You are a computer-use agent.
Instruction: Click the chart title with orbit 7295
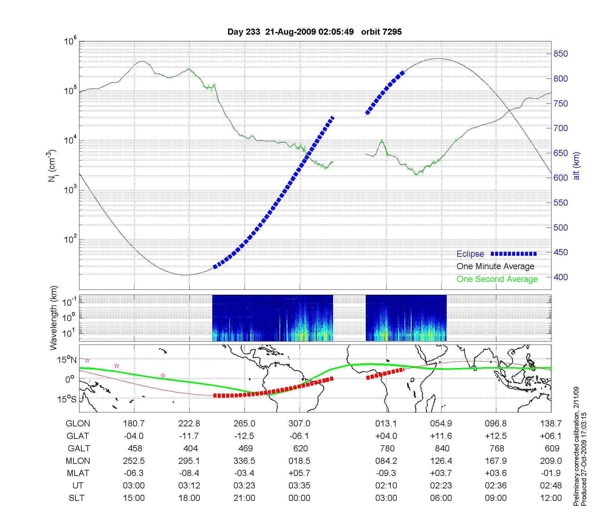tap(314, 32)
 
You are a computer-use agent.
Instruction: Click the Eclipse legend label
tap(470, 254)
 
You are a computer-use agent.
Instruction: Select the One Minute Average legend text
tap(495, 266)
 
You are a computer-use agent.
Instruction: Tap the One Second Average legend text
tap(497, 279)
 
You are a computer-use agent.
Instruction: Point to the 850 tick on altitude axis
tap(561, 54)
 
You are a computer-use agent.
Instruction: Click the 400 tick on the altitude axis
tap(561, 277)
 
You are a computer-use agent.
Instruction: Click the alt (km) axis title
tap(576, 166)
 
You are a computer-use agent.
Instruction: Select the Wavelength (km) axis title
tap(54, 318)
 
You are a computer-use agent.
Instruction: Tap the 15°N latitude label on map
tap(67, 360)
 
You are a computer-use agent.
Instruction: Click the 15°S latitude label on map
tap(67, 399)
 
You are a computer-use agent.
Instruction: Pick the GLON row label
tap(78, 424)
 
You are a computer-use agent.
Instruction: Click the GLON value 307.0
tap(300, 424)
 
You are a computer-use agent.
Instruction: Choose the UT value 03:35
tap(300, 486)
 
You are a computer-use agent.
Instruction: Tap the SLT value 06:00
tap(441, 498)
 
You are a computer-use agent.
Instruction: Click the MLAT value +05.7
tap(300, 473)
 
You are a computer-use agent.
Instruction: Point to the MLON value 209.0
tap(551, 461)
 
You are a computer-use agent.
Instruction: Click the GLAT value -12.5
tap(244, 436)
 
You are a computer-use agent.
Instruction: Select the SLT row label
tap(76, 498)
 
